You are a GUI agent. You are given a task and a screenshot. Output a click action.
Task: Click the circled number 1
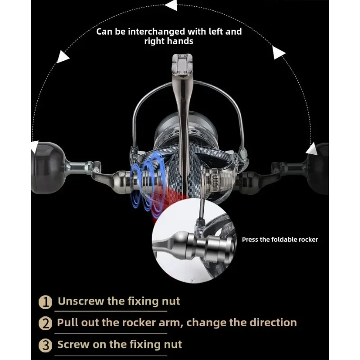click(45, 301)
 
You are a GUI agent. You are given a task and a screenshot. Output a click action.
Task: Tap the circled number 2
click(45, 323)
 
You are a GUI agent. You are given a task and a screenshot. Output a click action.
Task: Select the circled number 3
click(45, 346)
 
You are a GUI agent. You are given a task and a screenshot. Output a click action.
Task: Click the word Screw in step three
click(72, 345)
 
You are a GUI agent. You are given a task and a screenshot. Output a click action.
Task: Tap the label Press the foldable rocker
click(279, 239)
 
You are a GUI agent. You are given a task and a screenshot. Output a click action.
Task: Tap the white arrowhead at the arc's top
click(171, 6)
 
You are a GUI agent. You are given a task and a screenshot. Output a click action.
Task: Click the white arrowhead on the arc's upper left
click(63, 57)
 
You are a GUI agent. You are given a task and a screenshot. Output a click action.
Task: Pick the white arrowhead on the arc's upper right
click(279, 54)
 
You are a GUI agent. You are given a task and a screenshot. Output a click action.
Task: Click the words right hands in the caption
click(169, 41)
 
